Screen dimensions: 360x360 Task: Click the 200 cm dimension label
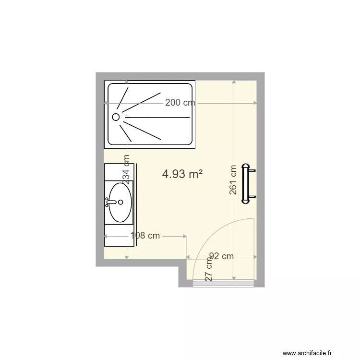(180, 102)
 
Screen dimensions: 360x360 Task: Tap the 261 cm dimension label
(233, 180)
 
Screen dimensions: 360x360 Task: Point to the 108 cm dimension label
(145, 236)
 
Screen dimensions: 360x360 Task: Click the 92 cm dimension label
(221, 256)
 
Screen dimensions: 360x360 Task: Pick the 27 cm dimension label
(209, 270)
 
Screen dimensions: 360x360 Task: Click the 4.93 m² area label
(182, 174)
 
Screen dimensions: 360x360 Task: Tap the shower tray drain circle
(116, 117)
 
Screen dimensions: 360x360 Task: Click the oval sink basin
(120, 202)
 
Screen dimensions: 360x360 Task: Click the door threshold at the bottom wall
(223, 285)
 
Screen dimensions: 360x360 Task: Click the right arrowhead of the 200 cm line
(255, 102)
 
